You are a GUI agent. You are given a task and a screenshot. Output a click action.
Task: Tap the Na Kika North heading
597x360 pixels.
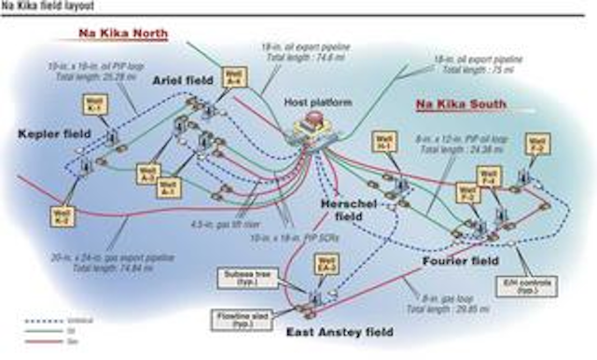coord(122,34)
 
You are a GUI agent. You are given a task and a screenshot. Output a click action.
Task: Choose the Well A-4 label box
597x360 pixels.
coord(233,76)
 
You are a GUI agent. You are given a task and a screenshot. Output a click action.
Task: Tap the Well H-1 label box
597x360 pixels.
coord(383,145)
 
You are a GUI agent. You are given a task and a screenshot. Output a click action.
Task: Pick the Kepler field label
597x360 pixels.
coord(53,134)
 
